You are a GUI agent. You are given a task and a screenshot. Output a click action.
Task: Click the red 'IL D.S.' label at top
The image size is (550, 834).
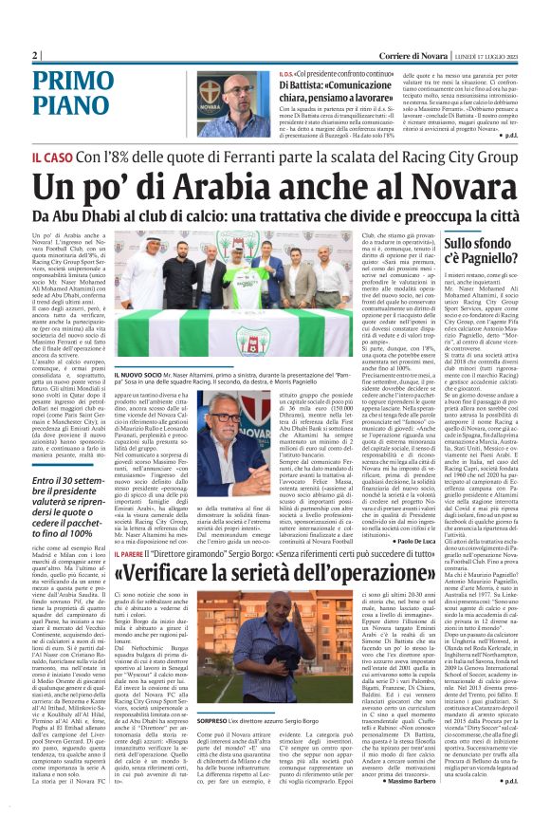tap(285, 74)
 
